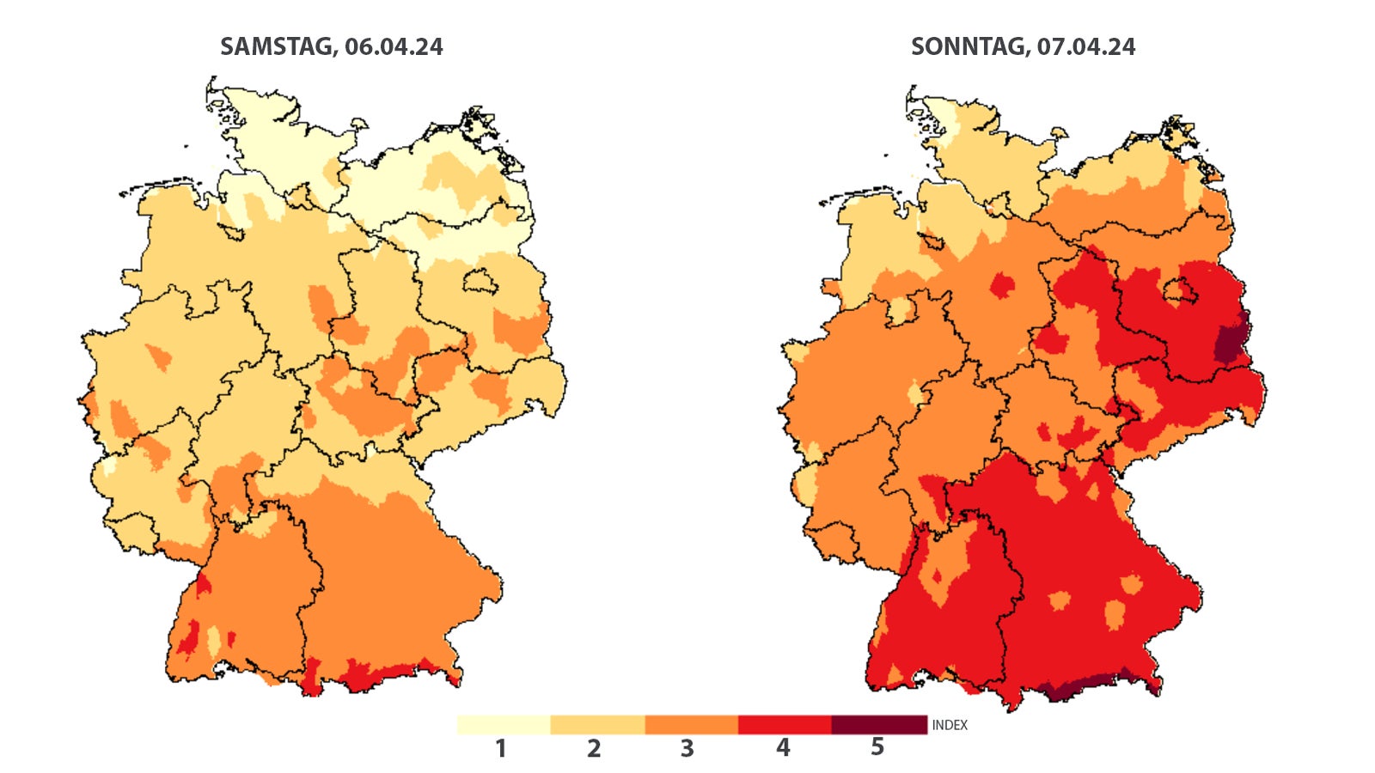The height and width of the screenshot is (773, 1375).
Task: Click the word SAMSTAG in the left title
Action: (276, 46)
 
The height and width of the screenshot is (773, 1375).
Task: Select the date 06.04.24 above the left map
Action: (394, 46)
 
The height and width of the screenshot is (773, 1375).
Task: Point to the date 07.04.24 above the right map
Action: (1085, 46)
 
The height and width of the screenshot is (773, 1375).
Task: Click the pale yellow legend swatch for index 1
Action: (504, 725)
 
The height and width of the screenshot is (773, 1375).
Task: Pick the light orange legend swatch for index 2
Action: (597, 725)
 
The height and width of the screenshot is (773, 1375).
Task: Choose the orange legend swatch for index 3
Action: (691, 725)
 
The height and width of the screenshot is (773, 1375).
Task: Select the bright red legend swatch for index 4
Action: (785, 725)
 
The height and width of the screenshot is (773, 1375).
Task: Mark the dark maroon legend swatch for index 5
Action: (878, 725)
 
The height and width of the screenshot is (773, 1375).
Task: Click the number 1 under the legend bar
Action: (501, 749)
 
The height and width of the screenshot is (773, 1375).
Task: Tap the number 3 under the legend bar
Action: (687, 749)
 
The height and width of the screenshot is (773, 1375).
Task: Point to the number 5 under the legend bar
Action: (877, 747)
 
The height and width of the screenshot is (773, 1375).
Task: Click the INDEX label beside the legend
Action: (950, 726)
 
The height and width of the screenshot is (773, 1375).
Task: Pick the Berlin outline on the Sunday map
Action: (1180, 291)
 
